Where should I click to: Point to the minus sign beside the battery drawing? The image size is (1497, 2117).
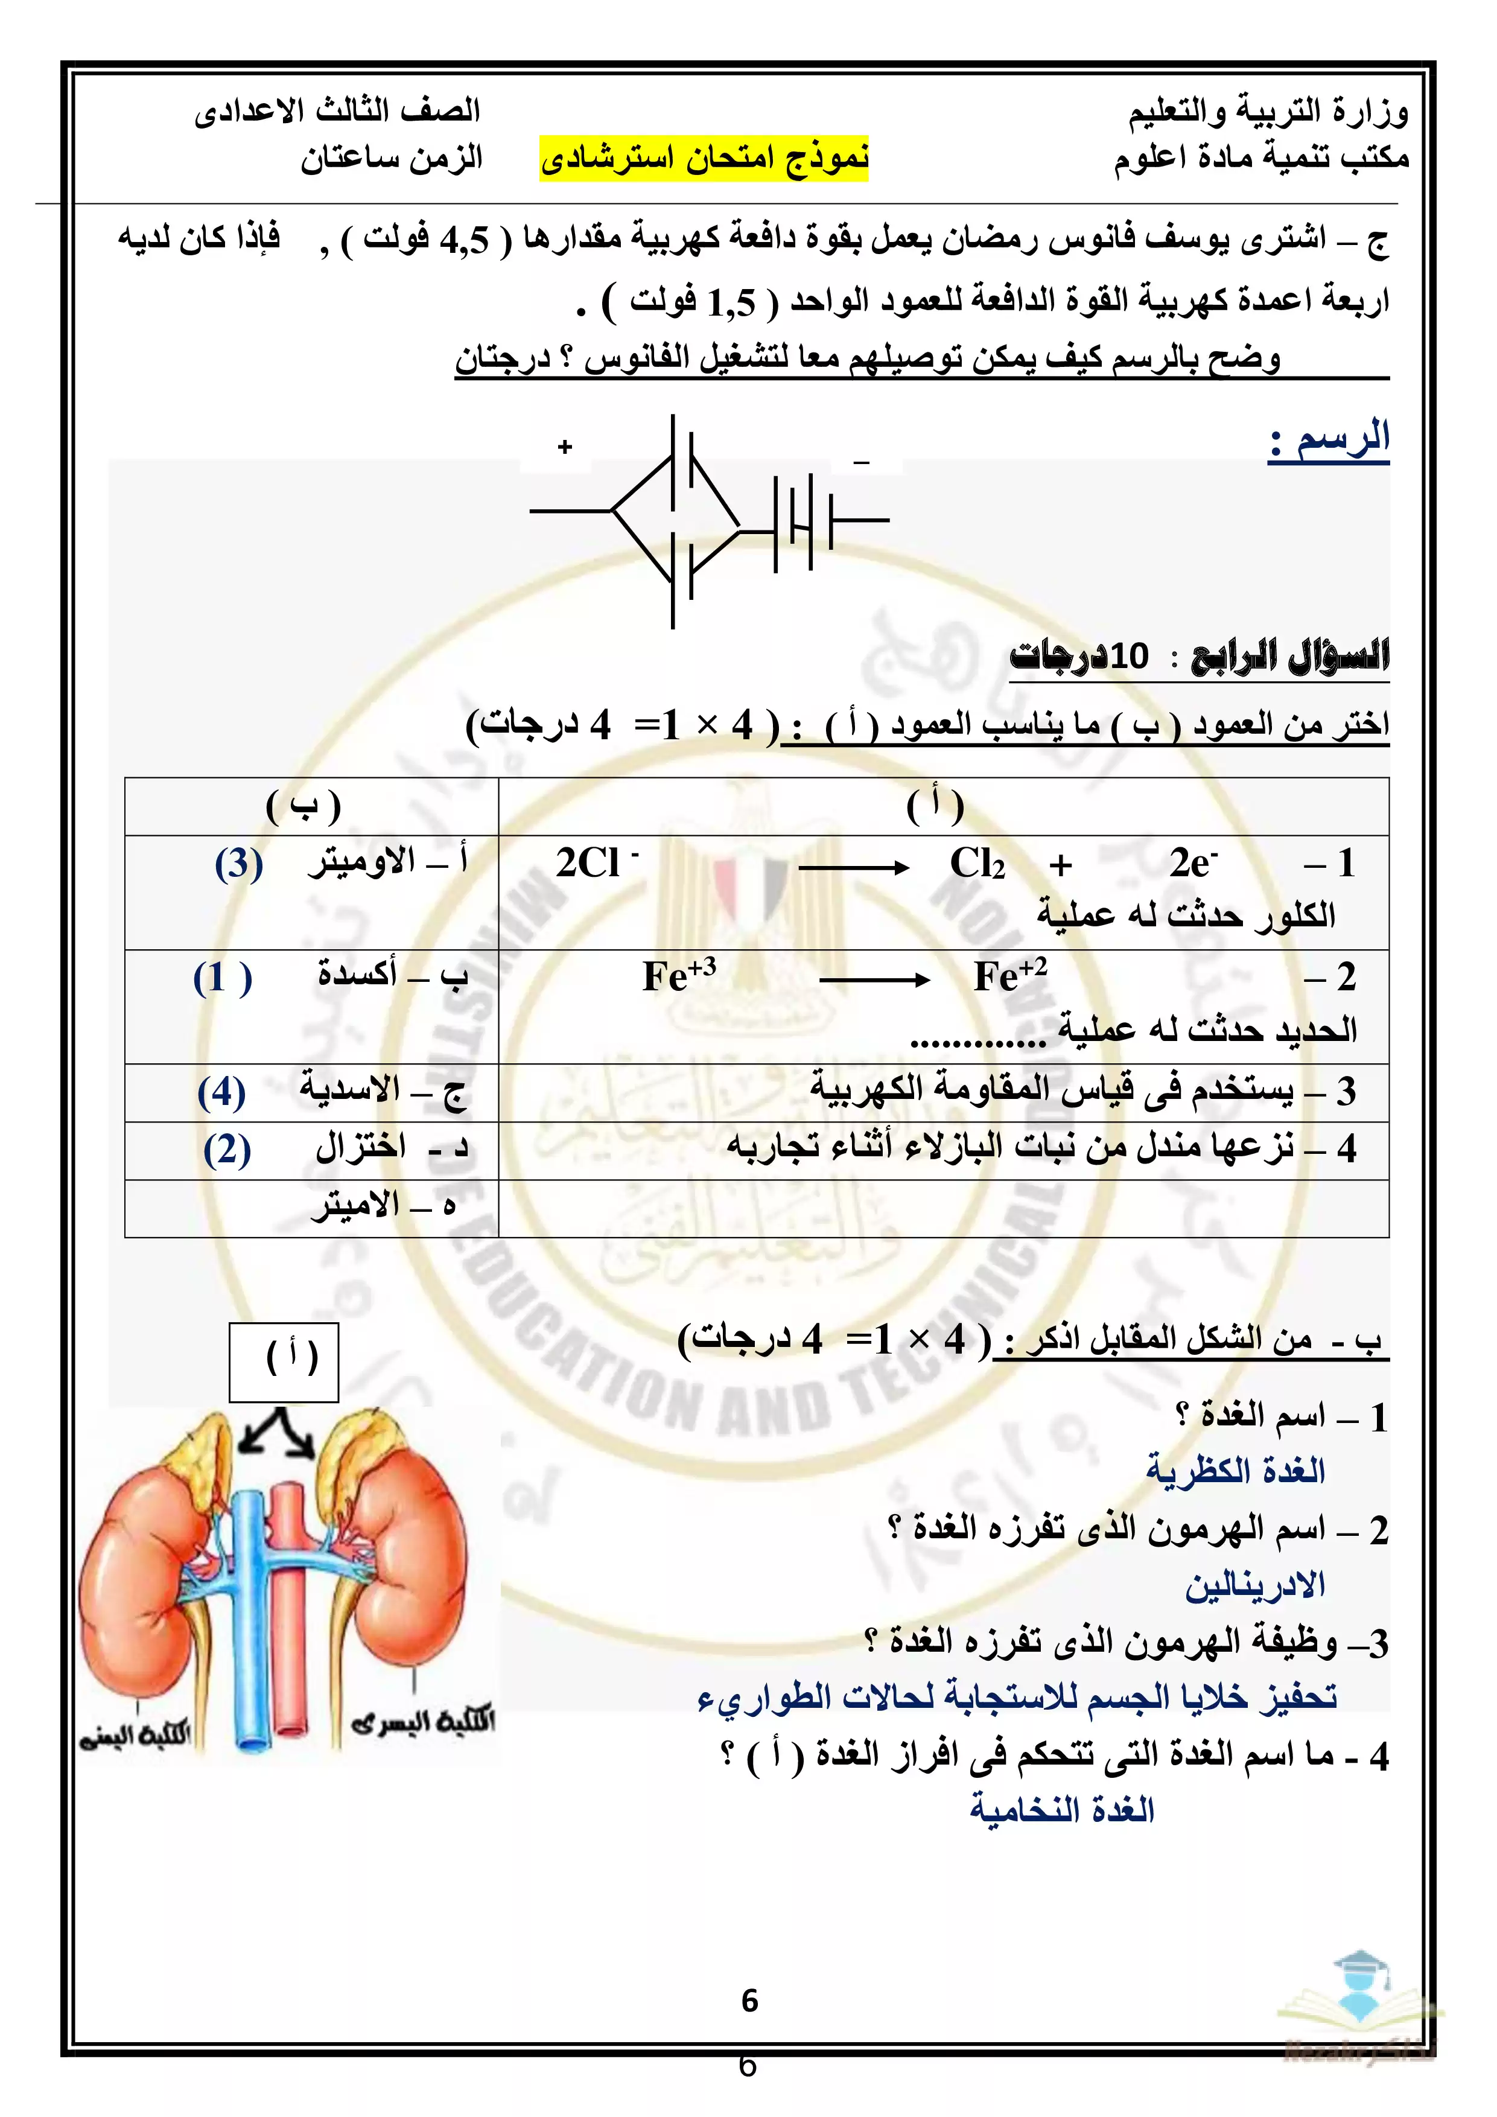(x=861, y=462)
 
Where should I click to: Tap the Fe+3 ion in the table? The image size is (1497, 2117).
(x=678, y=975)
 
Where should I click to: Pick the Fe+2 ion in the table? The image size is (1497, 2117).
(x=1009, y=975)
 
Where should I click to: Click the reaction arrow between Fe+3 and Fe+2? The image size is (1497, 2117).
(x=873, y=980)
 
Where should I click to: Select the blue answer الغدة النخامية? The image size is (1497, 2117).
(x=1062, y=1810)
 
